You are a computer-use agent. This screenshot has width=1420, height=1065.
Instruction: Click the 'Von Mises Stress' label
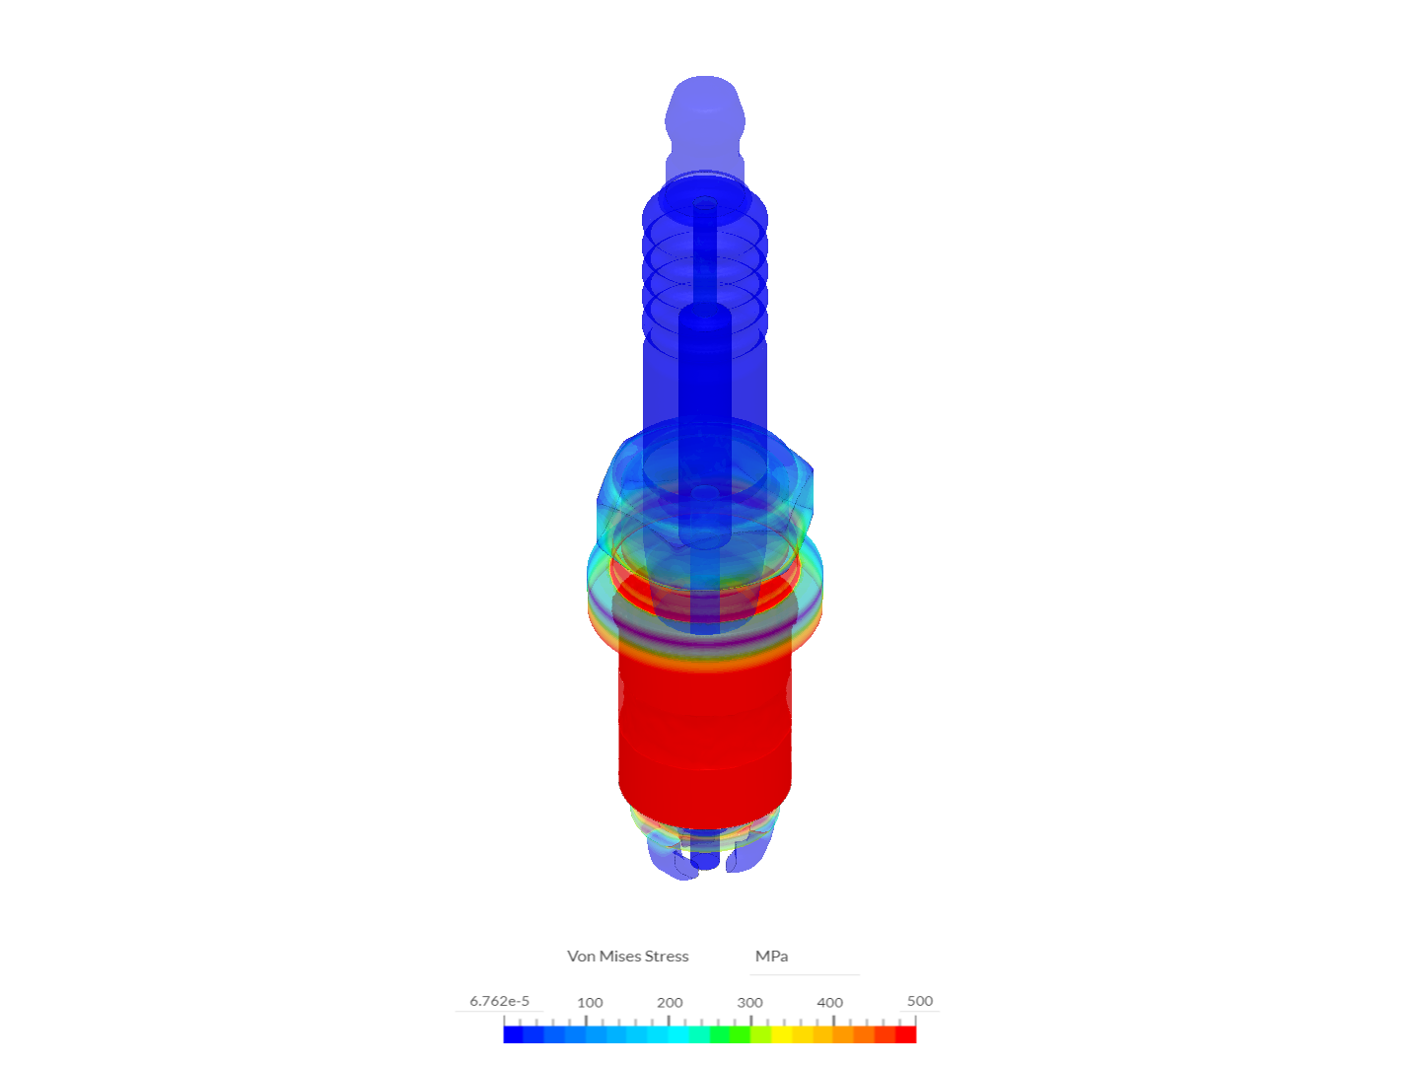627,956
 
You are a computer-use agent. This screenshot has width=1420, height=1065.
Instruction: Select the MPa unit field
771,956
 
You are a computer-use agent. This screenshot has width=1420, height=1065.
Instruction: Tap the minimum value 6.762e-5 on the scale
499,1001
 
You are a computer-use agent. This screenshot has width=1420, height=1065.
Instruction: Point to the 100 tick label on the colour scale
590,1002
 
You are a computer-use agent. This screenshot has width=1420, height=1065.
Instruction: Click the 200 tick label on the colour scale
670,1002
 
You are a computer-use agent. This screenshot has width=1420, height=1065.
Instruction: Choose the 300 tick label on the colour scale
749,1002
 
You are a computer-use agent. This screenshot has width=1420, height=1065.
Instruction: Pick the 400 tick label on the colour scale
829,1002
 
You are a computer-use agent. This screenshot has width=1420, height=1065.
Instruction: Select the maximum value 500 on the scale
919,1001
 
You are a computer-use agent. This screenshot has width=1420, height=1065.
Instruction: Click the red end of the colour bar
906,1034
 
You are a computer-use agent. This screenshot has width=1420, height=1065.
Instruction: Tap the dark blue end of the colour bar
513,1034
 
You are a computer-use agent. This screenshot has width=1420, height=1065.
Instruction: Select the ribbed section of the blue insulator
704,266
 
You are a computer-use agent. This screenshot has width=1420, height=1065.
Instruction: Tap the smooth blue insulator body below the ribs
704,385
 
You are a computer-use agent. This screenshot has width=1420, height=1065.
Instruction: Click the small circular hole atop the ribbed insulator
704,205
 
